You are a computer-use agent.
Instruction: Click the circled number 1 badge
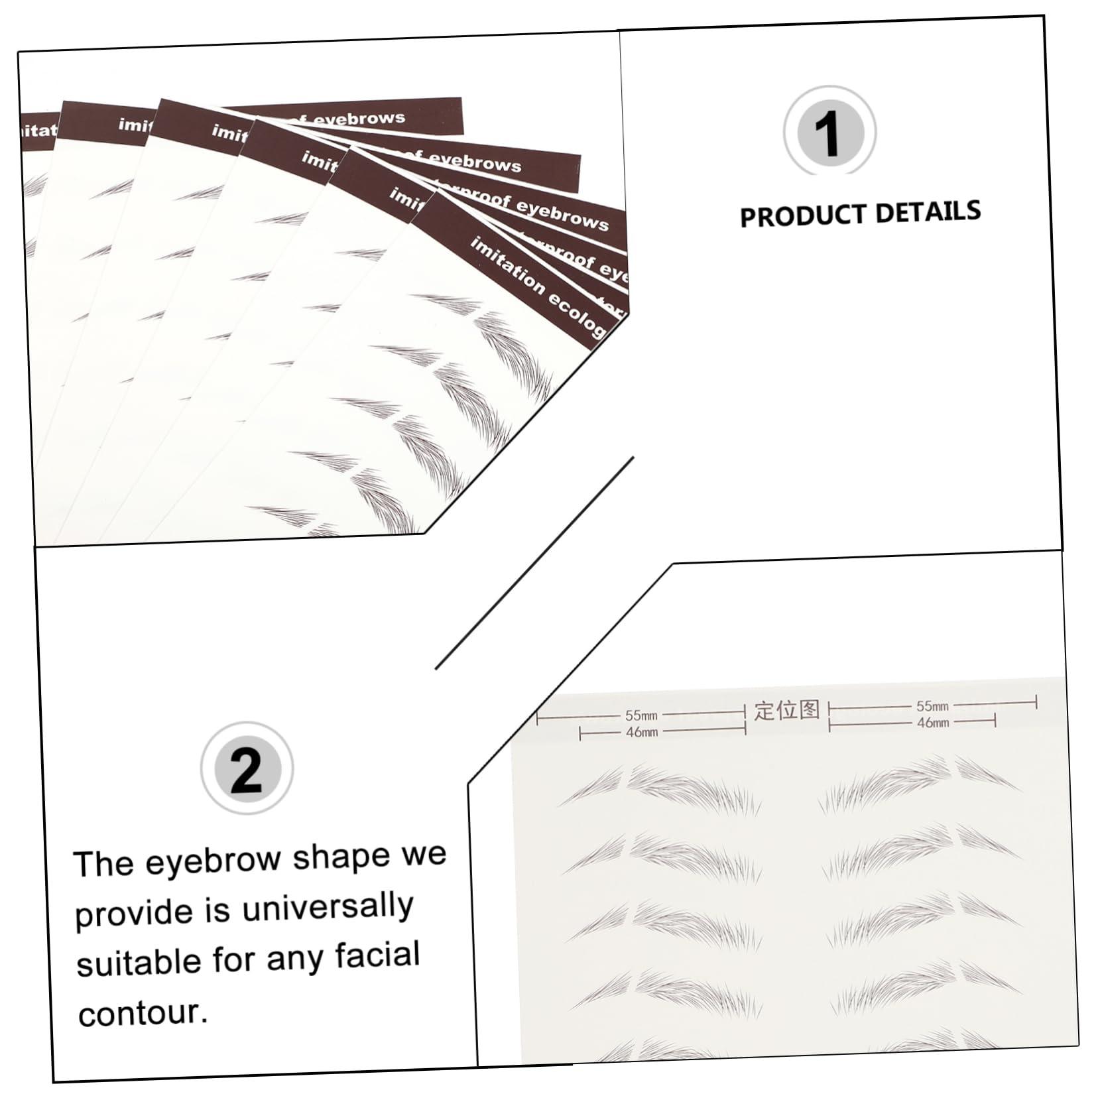point(829,133)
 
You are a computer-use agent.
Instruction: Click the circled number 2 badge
point(247,768)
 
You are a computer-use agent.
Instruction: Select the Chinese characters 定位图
point(787,710)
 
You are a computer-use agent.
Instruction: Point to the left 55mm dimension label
point(641,715)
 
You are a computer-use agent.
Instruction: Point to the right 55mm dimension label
point(932,706)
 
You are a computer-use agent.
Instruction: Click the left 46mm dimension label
point(642,732)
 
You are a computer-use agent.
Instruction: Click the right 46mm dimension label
point(932,722)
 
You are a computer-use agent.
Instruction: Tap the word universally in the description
point(328,907)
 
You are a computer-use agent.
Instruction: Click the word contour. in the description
point(143,1013)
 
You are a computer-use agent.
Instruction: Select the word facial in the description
point(377,955)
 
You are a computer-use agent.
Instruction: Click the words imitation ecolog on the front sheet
point(537,287)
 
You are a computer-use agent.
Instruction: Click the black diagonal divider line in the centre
point(534,563)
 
